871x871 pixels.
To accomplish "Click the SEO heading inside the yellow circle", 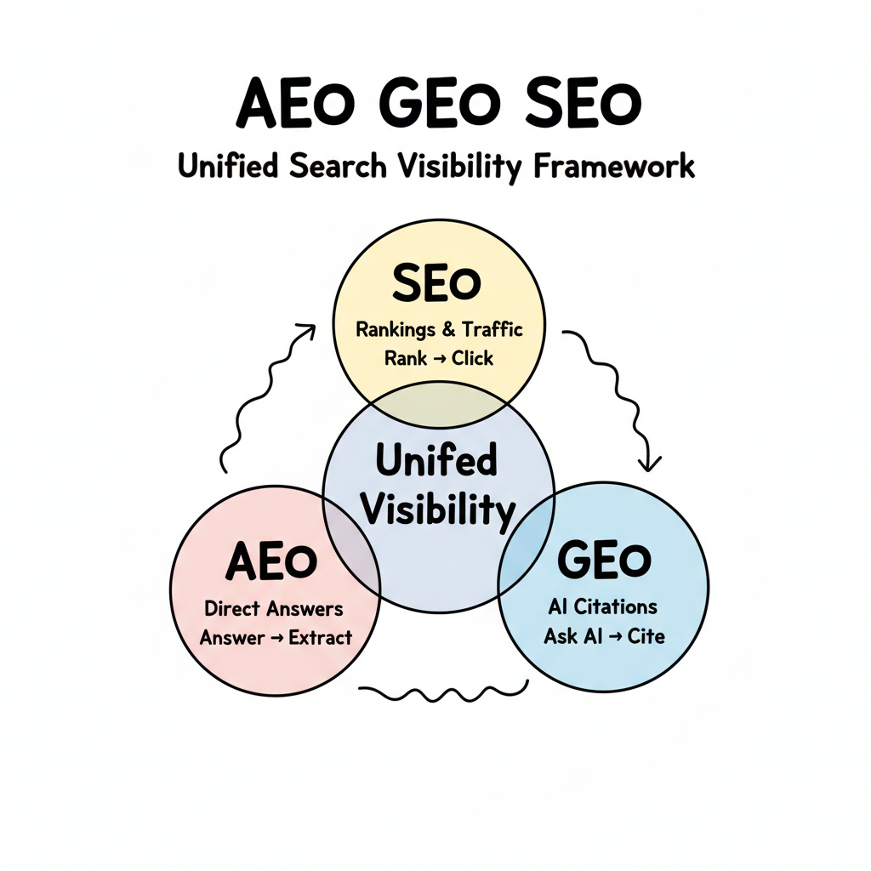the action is (436, 283).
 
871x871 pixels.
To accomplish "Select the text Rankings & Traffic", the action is (438, 329).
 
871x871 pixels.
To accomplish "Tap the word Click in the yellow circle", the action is (472, 358).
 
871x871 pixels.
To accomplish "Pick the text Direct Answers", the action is (274, 608).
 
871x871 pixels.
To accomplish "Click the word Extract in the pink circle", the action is (320, 637).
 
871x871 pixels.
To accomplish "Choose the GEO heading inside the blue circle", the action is (603, 561).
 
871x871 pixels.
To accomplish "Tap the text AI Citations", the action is (603, 606).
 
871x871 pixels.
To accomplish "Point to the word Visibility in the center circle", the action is (438, 510).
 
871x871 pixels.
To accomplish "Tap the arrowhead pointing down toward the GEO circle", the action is (650, 464).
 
